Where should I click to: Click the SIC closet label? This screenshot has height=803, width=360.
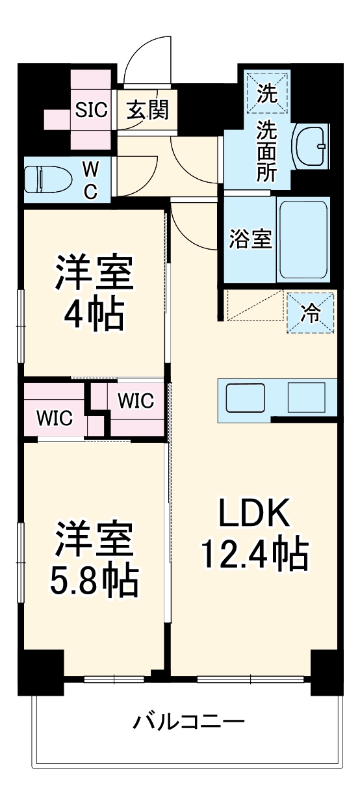90,110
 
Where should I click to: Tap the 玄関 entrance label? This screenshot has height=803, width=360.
147,110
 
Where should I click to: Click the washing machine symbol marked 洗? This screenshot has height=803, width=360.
267,93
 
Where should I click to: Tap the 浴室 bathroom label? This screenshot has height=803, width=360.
250,239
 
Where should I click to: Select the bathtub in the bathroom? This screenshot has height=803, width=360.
302,239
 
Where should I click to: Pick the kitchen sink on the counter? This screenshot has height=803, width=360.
245,398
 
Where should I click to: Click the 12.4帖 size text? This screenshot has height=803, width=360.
253,554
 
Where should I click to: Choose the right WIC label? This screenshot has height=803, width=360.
135,401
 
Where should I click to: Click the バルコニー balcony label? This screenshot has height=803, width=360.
189,722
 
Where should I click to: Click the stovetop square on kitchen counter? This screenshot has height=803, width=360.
306,397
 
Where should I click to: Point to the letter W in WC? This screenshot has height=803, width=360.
91,169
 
